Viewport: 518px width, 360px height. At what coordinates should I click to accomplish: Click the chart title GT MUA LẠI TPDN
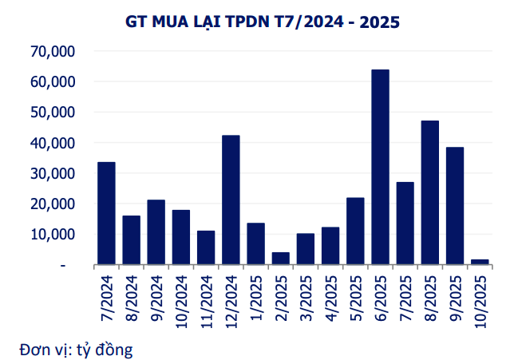(x=263, y=22)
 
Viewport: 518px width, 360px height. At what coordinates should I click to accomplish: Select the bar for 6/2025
(x=380, y=167)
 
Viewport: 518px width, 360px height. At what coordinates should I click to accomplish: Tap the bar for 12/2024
(x=231, y=200)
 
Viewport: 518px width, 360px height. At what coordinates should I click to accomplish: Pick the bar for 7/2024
(x=106, y=213)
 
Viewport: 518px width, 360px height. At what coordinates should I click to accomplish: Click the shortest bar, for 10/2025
(x=480, y=261)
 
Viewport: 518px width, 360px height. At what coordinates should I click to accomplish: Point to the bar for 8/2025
(x=430, y=192)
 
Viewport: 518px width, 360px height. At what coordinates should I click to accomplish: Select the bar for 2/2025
(x=280, y=258)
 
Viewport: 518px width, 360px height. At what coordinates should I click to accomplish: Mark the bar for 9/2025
(x=455, y=206)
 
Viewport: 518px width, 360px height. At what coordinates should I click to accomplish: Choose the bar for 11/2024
(x=206, y=247)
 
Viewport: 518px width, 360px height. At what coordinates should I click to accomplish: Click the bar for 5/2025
(x=355, y=231)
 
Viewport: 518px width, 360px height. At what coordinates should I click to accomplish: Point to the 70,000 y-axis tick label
(x=52, y=52)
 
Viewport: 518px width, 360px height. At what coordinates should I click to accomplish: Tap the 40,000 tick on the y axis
(x=52, y=143)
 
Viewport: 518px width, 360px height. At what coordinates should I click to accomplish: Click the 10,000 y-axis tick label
(x=52, y=235)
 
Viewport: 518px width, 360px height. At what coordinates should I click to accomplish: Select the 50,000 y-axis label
(x=52, y=113)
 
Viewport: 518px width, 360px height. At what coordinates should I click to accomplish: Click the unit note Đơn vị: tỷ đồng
(x=77, y=349)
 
